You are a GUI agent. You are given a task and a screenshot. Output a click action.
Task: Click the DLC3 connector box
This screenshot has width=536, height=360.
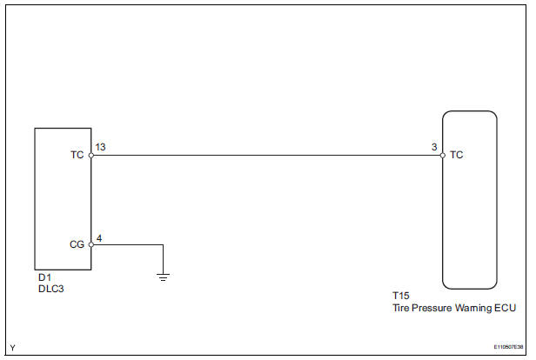tap(63, 198)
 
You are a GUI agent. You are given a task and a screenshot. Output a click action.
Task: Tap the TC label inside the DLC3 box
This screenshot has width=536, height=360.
tap(76, 156)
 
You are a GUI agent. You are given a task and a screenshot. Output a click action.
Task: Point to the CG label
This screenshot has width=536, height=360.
tap(76, 244)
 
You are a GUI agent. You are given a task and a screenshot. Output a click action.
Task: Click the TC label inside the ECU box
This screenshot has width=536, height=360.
tap(457, 156)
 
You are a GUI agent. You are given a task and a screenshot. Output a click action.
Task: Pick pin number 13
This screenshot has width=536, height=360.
tap(100, 148)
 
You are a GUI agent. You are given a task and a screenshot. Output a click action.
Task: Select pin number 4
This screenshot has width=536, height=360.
tap(97, 237)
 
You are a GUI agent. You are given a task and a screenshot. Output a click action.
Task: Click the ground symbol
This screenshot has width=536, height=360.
tap(163, 277)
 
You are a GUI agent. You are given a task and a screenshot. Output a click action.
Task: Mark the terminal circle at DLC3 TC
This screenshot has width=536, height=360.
tap(90, 156)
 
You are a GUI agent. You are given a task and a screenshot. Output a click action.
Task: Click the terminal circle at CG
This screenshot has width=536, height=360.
tap(90, 244)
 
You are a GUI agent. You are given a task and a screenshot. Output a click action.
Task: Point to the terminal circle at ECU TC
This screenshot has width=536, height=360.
tap(442, 156)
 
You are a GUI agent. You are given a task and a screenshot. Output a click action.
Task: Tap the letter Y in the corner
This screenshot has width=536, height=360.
tap(12, 348)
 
